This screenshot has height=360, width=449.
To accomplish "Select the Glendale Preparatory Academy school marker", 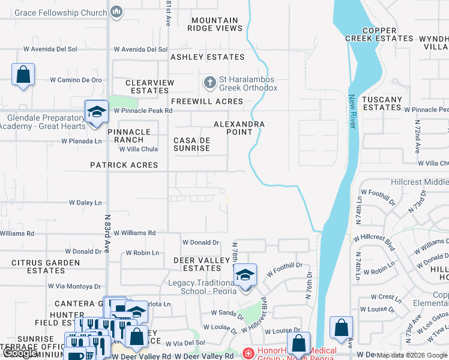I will [x=96, y=112].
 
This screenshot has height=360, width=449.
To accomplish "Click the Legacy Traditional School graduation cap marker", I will [x=245, y=275].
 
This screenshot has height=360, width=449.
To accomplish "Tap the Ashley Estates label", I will [x=207, y=57].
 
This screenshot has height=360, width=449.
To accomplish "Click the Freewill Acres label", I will [x=206, y=101].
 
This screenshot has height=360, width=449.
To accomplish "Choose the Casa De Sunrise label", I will [x=191, y=144].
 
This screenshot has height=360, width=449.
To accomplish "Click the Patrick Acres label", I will [x=124, y=165].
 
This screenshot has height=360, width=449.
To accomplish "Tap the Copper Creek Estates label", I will [x=379, y=34].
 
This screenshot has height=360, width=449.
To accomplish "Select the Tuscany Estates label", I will [x=382, y=103].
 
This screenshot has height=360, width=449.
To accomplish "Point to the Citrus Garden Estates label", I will [x=46, y=266].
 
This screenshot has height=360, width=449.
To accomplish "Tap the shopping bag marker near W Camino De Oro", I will [x=23, y=76].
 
